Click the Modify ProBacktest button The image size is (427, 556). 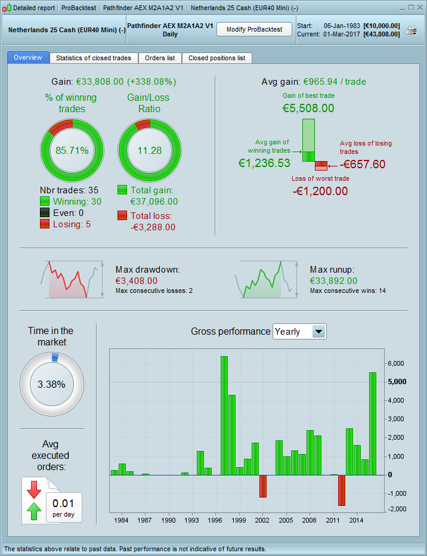click(253, 29)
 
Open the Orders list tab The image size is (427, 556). click(160, 58)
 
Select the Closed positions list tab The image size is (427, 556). click(216, 58)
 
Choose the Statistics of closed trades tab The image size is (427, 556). click(94, 58)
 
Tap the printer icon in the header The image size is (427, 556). click(411, 30)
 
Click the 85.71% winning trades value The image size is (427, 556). click(72, 150)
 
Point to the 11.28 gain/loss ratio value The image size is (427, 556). click(148, 150)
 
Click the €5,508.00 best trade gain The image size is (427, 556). click(308, 108)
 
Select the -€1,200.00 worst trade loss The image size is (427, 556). click(320, 191)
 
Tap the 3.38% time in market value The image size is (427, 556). click(51, 384)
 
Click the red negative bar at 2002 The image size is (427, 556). click(262, 486)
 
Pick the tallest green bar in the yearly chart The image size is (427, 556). click(224, 415)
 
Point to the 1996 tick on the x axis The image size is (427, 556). click(215, 520)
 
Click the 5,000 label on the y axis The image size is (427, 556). click(397, 382)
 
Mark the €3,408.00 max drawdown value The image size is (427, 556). click(137, 280)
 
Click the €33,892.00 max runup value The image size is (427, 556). click(333, 280)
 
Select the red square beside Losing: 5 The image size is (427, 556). click(45, 224)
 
